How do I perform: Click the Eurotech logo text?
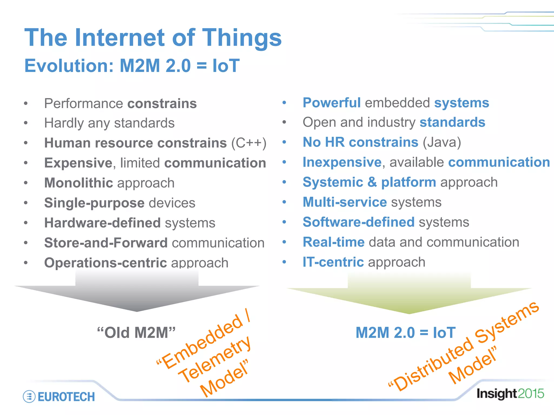pyautogui.click(x=66, y=397)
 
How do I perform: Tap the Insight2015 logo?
pyautogui.click(x=510, y=394)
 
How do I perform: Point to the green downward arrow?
pyautogui.click(x=409, y=296)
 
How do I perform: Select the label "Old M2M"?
pyautogui.click(x=136, y=333)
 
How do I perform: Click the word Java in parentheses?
pyautogui.click(x=442, y=142)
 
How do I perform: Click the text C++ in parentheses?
pyautogui.click(x=249, y=143)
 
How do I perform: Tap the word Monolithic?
pyautogui.click(x=78, y=183)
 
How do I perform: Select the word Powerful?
pyautogui.click(x=331, y=103)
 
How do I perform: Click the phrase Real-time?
pyautogui.click(x=333, y=242)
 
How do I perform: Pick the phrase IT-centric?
pyautogui.click(x=333, y=262)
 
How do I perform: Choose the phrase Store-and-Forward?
pyautogui.click(x=106, y=243)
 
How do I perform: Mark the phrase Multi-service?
pyautogui.click(x=345, y=202)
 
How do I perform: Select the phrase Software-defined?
pyautogui.click(x=358, y=222)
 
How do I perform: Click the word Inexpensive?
pyautogui.click(x=342, y=162)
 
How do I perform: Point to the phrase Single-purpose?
pyautogui.click(x=94, y=203)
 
